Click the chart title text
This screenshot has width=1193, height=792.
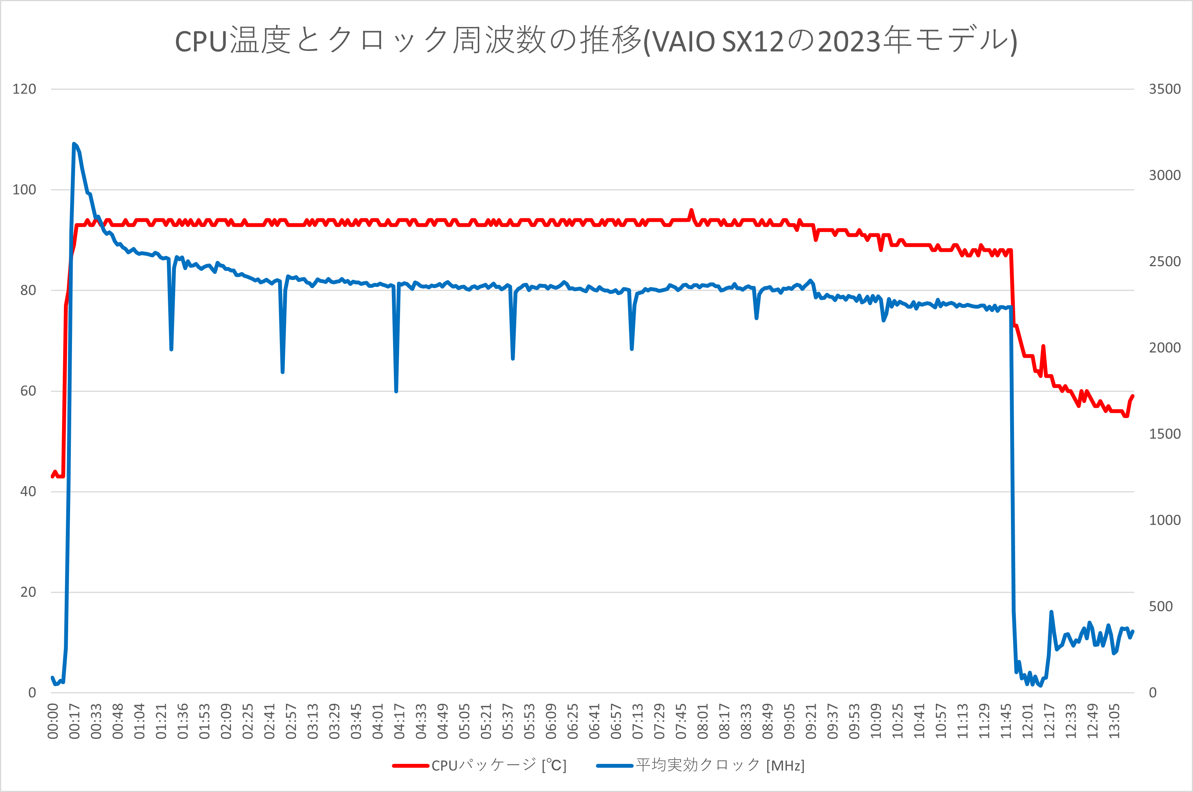pos(596,40)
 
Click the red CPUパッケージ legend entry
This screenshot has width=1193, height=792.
pos(479,766)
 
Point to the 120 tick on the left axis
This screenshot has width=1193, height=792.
pos(24,89)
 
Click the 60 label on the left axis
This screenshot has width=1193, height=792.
pos(28,391)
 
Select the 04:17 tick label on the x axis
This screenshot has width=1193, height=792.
pos(399,721)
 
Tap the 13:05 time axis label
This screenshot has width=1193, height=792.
pos(1114,721)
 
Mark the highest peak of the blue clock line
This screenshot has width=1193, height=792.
pos(74,144)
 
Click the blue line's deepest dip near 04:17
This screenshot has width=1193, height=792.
pos(396,391)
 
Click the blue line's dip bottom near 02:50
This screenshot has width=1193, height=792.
pos(283,372)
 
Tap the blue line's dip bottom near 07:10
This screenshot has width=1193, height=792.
pos(632,349)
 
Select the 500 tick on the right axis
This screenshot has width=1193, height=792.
pos(1161,607)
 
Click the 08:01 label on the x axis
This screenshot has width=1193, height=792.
pos(703,721)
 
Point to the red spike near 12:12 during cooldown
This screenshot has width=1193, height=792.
pos(1043,347)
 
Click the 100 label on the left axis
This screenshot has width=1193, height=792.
pos(24,190)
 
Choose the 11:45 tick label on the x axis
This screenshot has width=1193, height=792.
pos(1006,721)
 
